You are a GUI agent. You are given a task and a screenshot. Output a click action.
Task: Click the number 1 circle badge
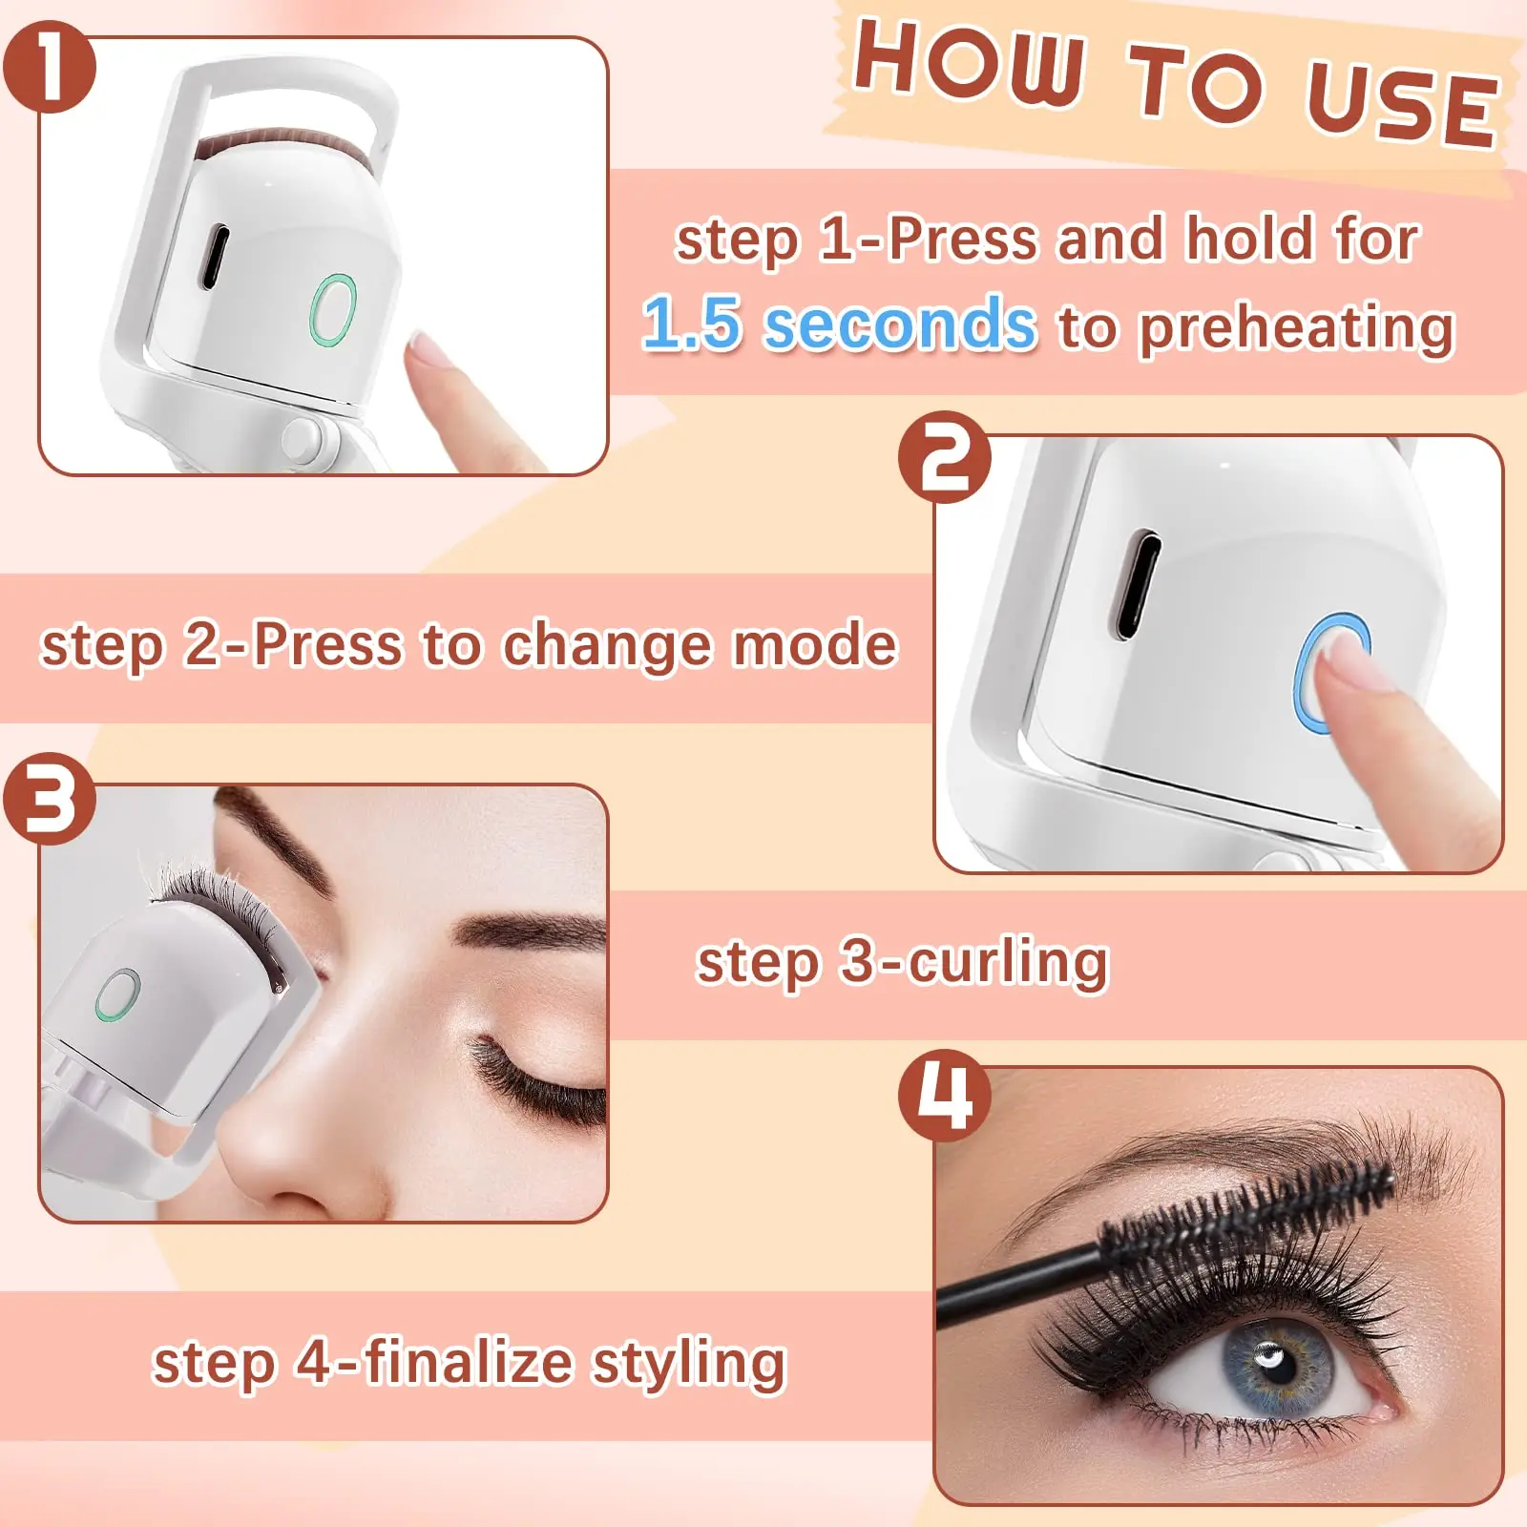pos(50,67)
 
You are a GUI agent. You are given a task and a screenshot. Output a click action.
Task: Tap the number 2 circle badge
pos(945,457)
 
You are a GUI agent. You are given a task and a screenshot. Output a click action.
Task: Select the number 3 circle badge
pos(50,798)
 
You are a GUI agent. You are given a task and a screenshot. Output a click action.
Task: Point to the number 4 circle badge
pos(945,1095)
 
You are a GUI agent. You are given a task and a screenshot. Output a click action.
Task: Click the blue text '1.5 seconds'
pos(839,324)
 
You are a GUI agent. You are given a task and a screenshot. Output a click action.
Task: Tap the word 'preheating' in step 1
pos(1297,327)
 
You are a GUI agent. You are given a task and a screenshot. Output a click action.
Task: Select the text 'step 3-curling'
pos(902,961)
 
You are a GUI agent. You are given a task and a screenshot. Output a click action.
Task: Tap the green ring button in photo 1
pos(333,309)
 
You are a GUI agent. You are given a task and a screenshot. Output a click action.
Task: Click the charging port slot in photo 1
pos(215,257)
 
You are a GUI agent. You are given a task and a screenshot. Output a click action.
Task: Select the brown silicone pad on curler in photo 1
pos(282,146)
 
